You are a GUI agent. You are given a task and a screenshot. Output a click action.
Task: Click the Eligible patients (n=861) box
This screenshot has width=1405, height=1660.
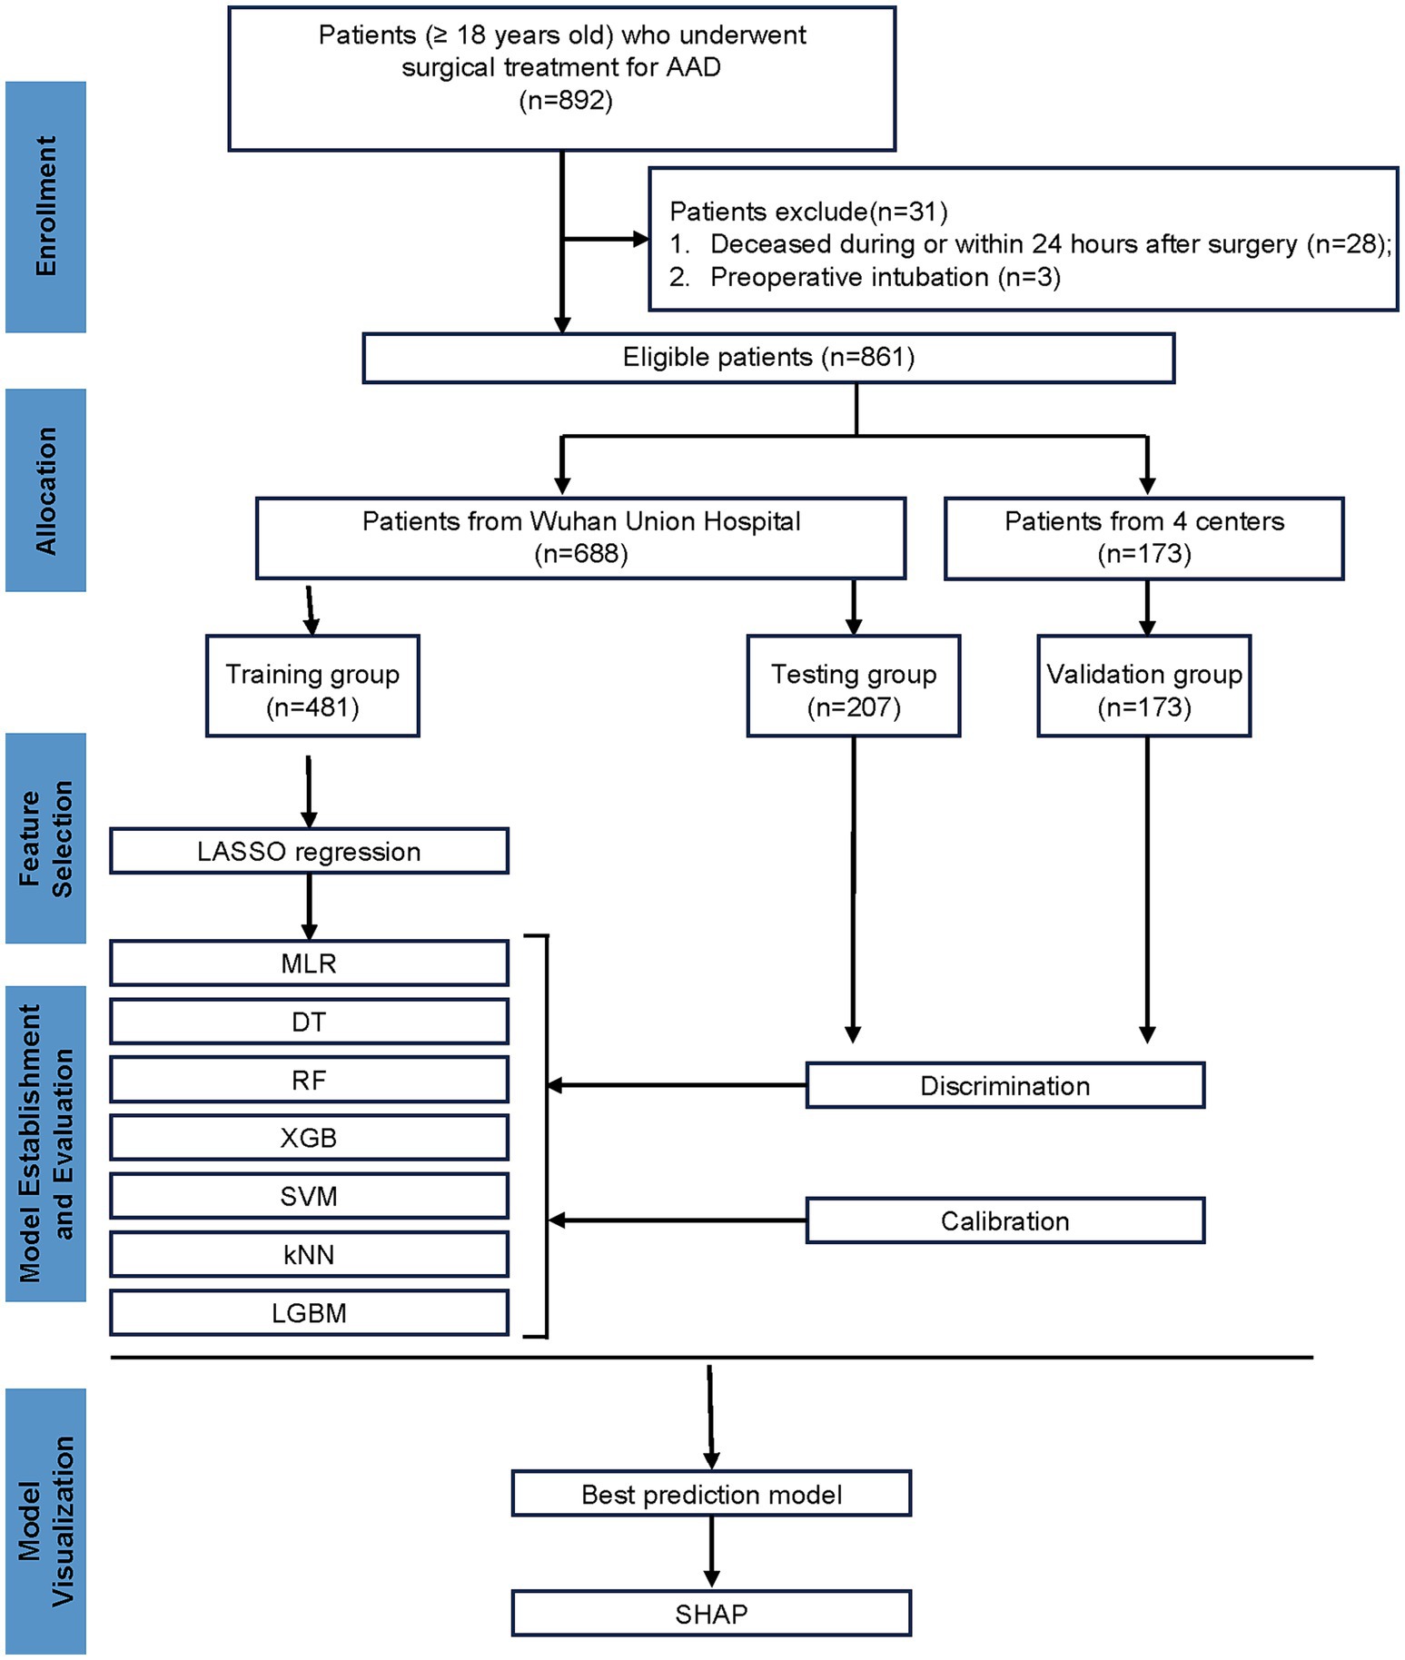click(768, 358)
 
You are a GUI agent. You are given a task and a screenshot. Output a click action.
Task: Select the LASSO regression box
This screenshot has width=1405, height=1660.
click(309, 851)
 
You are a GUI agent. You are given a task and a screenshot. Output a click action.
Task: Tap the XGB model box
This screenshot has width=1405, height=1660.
click(309, 1137)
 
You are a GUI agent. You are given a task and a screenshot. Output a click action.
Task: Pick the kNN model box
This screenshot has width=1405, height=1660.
click(309, 1254)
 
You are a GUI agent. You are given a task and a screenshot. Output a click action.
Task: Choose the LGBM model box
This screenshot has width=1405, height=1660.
click(309, 1312)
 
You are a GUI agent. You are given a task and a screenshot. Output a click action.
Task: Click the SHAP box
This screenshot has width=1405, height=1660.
click(711, 1613)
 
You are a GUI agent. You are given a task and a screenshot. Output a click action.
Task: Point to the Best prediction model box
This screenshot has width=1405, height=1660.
click(711, 1494)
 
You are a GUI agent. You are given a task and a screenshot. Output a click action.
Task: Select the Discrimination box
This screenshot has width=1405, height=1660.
click(1005, 1085)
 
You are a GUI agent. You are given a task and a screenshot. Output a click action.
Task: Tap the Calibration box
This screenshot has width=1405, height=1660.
click(1005, 1220)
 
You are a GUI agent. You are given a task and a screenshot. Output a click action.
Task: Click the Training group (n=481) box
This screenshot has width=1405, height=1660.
click(312, 686)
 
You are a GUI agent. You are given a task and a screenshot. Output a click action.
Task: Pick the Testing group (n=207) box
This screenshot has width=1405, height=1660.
click(854, 686)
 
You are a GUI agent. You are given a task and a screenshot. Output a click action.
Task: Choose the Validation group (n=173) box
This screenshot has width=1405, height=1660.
click(1144, 686)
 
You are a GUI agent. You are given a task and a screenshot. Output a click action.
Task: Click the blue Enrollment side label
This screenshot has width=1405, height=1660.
click(45, 207)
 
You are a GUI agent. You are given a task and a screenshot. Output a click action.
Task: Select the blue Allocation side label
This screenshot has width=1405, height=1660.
click(45, 490)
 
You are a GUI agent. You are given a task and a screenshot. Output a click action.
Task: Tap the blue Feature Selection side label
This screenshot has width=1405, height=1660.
click(45, 838)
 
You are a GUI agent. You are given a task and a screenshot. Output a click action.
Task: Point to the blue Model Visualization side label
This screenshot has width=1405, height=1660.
click(45, 1522)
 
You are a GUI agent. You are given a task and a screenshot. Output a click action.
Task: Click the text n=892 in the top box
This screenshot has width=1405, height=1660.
click(566, 100)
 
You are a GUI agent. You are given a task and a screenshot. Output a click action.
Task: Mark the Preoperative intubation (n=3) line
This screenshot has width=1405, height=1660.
click(866, 277)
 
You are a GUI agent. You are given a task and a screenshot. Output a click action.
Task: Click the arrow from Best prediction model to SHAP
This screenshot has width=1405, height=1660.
click(711, 1553)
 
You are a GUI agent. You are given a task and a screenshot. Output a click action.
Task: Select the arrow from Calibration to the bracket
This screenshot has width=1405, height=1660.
click(678, 1220)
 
